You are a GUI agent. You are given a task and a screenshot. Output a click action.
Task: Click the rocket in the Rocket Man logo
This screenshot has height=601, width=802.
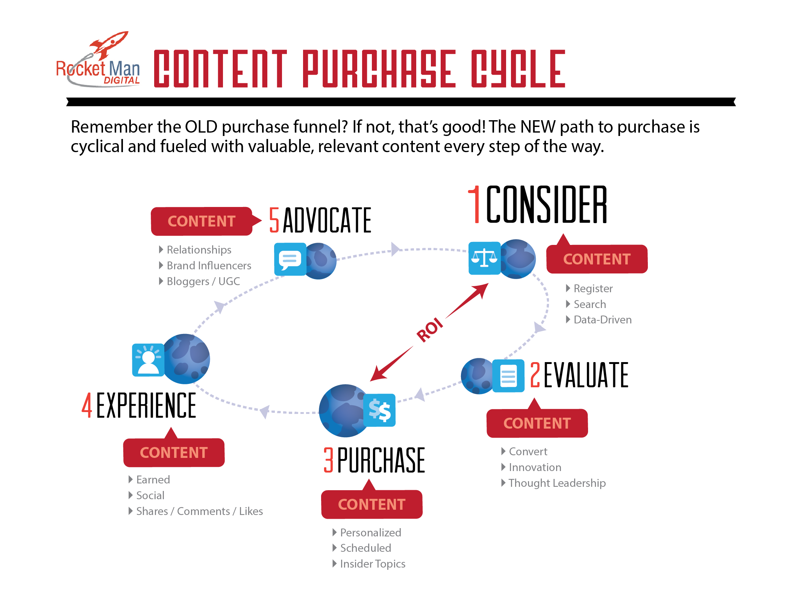[109, 44]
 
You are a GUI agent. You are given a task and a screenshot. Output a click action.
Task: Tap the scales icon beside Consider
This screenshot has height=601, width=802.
[484, 258]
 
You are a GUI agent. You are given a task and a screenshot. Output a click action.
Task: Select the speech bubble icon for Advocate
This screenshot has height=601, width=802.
[290, 259]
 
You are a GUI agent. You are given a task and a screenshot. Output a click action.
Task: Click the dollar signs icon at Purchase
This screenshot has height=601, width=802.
[380, 410]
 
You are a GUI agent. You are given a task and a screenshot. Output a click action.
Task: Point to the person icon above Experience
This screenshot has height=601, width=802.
[148, 360]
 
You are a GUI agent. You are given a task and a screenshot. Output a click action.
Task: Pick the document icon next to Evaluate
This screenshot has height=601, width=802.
[508, 376]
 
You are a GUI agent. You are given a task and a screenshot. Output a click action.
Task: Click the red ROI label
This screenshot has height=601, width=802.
[430, 329]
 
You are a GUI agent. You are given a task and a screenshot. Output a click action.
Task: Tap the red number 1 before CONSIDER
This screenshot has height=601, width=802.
[475, 204]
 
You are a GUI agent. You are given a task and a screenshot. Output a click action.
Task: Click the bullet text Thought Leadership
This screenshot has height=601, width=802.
[557, 483]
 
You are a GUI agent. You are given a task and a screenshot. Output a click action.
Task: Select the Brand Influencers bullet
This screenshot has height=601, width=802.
[209, 266]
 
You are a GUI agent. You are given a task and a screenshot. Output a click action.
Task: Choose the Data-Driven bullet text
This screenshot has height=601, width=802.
[603, 320]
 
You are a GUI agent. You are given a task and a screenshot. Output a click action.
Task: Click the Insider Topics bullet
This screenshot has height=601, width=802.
[373, 564]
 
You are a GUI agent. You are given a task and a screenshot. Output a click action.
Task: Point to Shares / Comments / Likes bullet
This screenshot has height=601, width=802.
[200, 511]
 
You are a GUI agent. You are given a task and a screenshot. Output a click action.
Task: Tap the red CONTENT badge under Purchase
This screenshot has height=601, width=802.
[372, 504]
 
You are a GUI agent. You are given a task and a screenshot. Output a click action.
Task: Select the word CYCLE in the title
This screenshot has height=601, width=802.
[518, 69]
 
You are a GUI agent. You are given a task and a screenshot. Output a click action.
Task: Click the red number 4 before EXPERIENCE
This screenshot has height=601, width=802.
[87, 405]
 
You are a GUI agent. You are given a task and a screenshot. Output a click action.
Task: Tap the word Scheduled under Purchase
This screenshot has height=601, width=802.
[365, 548]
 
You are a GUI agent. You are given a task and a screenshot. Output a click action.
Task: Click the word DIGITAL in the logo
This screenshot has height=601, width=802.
[122, 80]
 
